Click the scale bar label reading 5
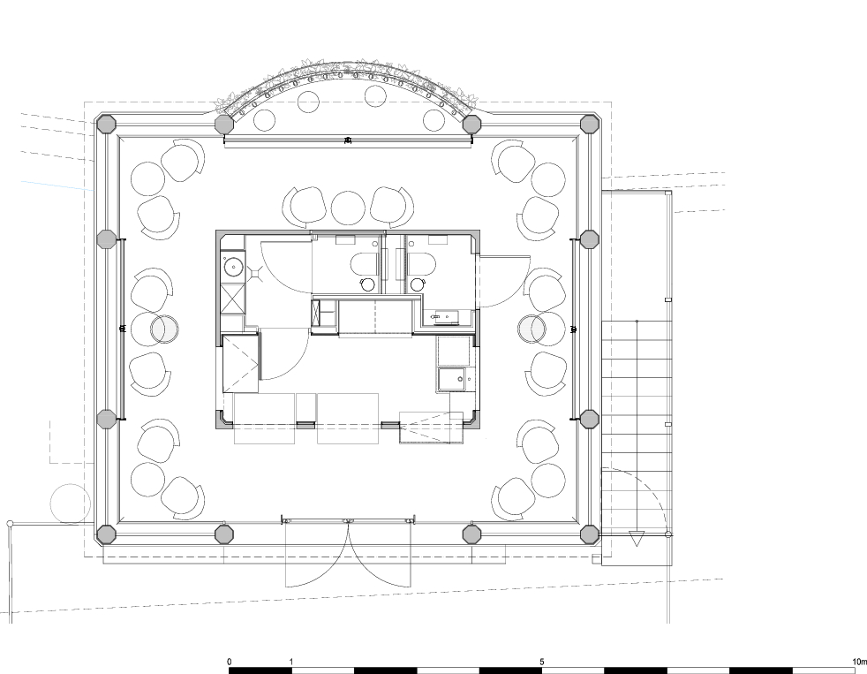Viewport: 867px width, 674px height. pyautogui.click(x=542, y=662)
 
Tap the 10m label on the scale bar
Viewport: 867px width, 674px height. pyautogui.click(x=859, y=662)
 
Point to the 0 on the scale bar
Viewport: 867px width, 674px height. pyautogui.click(x=230, y=662)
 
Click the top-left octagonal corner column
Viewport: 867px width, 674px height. pyautogui.click(x=106, y=124)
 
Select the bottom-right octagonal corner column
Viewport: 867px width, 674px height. pyautogui.click(x=590, y=534)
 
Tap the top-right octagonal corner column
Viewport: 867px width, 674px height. pyautogui.click(x=590, y=124)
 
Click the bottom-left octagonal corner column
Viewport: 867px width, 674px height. pyautogui.click(x=106, y=534)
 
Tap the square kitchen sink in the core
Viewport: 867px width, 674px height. pyautogui.click(x=453, y=380)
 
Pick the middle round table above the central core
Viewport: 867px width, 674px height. pyautogui.click(x=348, y=208)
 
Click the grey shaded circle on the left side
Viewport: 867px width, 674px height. pyautogui.click(x=165, y=329)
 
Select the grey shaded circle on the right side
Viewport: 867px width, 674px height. pyautogui.click(x=532, y=329)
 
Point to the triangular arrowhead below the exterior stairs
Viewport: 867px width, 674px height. pyautogui.click(x=637, y=538)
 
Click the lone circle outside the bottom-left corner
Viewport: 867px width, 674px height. pyautogui.click(x=71, y=504)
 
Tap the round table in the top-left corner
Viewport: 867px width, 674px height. pyautogui.click(x=147, y=178)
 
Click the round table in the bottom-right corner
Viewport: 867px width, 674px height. pyautogui.click(x=548, y=480)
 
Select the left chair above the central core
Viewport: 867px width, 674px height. pyautogui.click(x=304, y=207)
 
